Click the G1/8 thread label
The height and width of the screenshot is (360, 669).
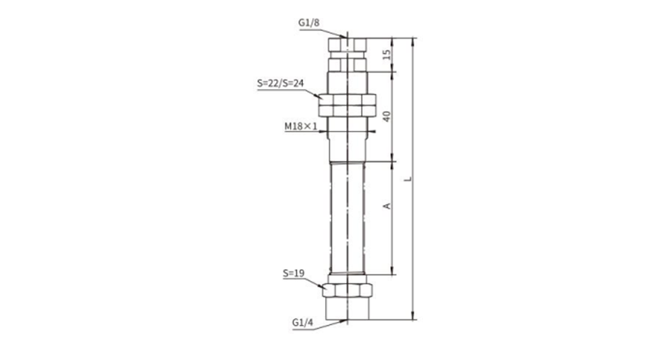coord(309,22)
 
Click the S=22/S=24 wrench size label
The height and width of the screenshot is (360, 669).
coord(280,83)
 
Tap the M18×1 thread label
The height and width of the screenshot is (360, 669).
coord(301,126)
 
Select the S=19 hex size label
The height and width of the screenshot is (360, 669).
coord(293,273)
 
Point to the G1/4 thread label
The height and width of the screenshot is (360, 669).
coord(303,322)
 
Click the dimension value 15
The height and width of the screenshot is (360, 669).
coord(387,54)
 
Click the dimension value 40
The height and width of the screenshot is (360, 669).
coord(387,116)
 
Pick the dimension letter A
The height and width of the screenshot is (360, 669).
coord(387,206)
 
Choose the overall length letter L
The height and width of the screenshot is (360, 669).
coord(408,179)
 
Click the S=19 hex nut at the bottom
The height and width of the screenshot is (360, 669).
coord(347,290)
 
